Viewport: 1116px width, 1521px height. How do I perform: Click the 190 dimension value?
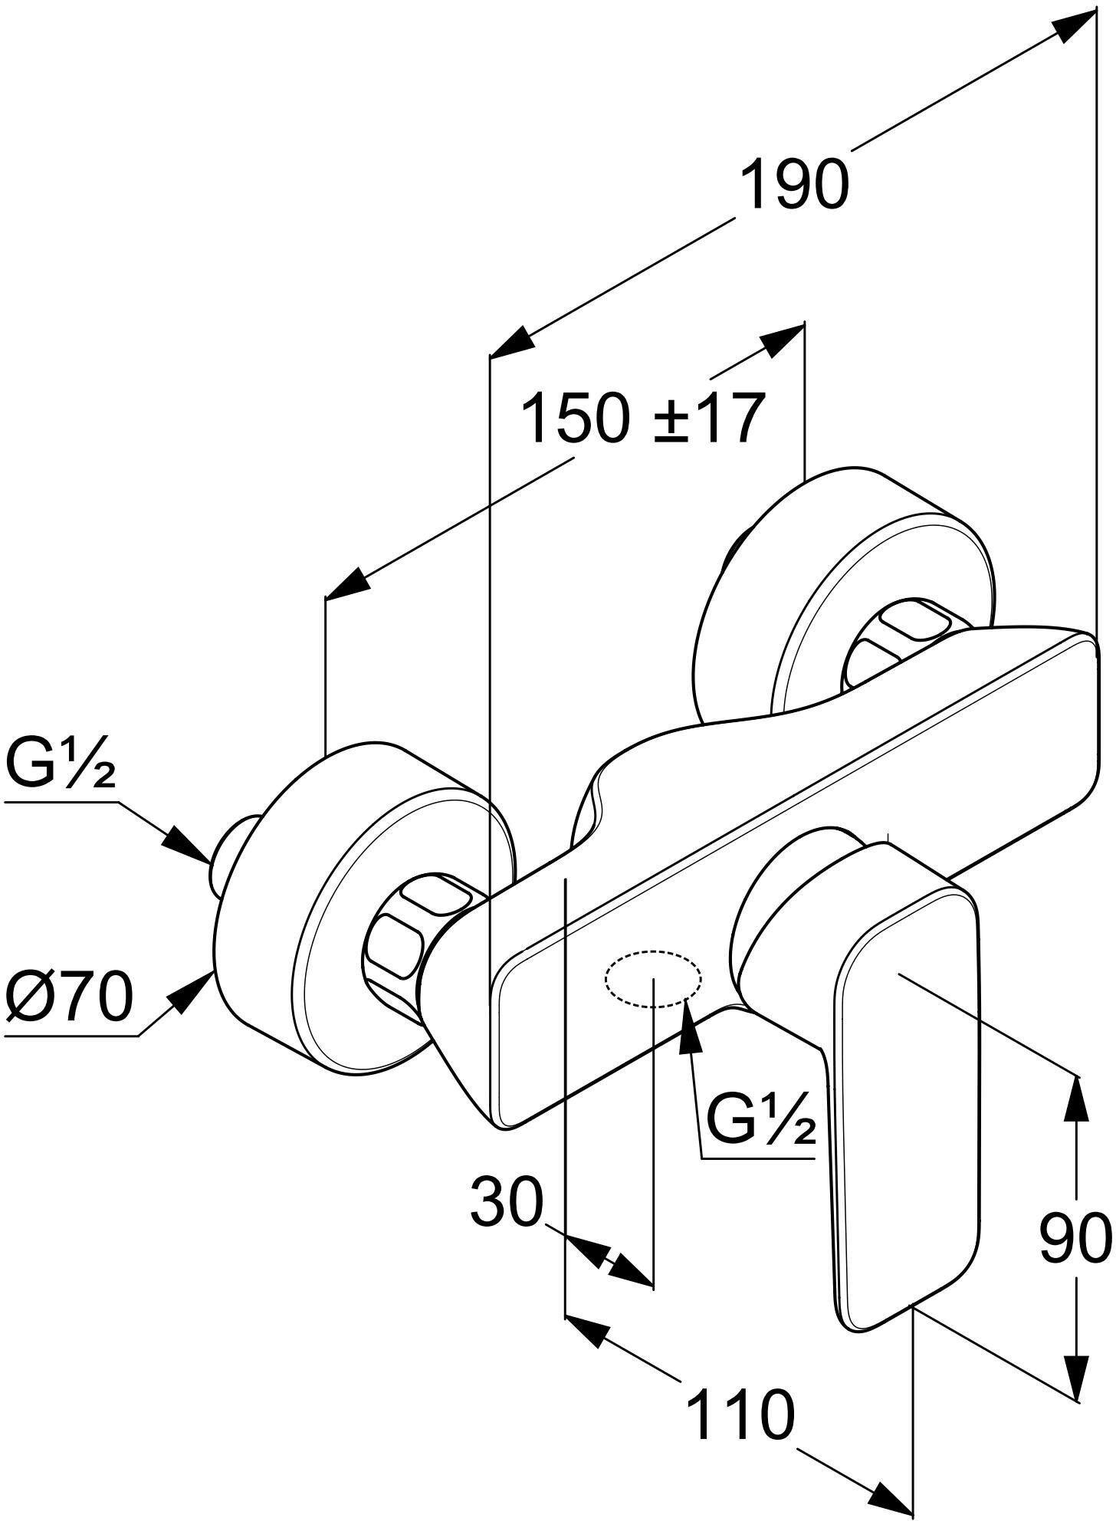(x=795, y=185)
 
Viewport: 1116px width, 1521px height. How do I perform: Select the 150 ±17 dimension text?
(x=642, y=419)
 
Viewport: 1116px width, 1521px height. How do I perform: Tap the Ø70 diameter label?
(x=69, y=997)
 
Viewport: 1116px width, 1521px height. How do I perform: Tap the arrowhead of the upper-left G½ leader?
(x=188, y=845)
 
